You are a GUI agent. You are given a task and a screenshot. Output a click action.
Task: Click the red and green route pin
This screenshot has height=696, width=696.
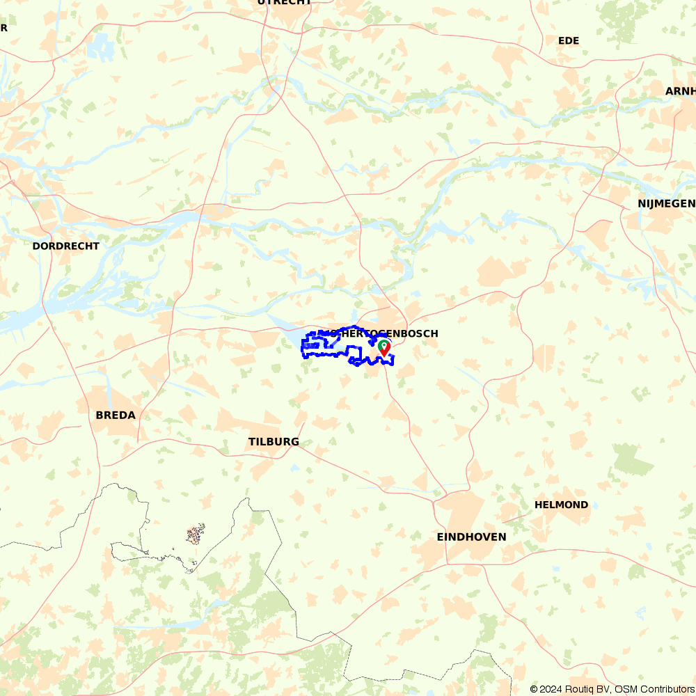click(383, 347)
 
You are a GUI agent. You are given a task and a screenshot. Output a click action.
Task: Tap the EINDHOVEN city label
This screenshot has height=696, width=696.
click(471, 537)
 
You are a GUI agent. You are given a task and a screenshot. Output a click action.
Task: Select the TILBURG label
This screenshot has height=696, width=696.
click(274, 442)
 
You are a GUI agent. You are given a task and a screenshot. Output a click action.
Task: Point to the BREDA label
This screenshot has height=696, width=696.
click(116, 415)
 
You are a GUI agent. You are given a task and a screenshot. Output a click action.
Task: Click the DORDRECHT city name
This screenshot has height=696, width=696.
click(65, 246)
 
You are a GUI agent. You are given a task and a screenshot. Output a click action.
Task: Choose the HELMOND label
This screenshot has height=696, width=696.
click(561, 505)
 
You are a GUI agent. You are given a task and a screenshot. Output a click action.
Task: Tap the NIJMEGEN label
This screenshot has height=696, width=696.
click(666, 203)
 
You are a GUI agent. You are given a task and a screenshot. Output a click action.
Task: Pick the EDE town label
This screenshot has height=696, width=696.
click(569, 40)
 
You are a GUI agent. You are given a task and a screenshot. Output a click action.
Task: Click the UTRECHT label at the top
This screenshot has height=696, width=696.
click(284, 3)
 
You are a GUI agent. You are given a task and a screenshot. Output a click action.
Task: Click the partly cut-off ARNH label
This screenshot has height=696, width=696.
click(680, 91)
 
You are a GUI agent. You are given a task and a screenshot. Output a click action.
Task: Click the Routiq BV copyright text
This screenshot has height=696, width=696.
click(571, 689)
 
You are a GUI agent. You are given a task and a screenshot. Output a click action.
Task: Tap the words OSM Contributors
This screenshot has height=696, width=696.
click(654, 689)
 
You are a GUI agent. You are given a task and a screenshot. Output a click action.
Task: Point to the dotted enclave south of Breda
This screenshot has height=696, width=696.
click(195, 535)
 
